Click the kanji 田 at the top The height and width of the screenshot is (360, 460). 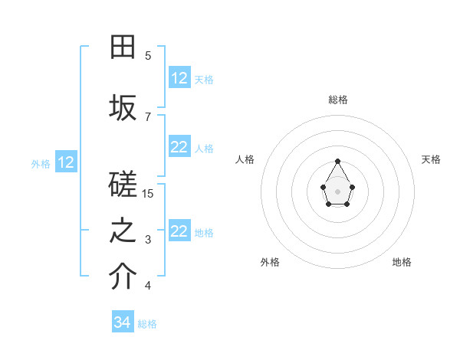[123, 47]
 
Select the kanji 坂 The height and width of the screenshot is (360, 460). [123, 108]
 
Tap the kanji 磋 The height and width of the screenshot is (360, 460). [123, 186]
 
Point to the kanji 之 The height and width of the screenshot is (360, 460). [123, 232]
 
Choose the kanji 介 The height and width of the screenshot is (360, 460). [123, 278]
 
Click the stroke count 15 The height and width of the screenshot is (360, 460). [148, 193]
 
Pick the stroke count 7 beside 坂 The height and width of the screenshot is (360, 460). [148, 116]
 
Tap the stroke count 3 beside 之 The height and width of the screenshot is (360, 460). [148, 240]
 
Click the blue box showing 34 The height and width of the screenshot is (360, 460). [123, 322]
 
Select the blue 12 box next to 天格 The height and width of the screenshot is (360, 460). [179, 78]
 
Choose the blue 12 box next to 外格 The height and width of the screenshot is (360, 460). [66, 162]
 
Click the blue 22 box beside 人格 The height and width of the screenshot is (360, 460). [179, 148]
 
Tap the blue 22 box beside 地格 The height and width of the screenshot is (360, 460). [179, 232]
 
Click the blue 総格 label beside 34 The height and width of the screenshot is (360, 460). [147, 324]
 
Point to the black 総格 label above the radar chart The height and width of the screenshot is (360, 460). [338, 100]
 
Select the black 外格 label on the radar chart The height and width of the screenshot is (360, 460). [270, 262]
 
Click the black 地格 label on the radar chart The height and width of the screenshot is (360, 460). [402, 262]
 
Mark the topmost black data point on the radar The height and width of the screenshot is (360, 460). [338, 161]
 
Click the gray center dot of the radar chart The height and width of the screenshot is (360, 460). [338, 191]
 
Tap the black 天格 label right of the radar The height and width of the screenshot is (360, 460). [431, 159]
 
